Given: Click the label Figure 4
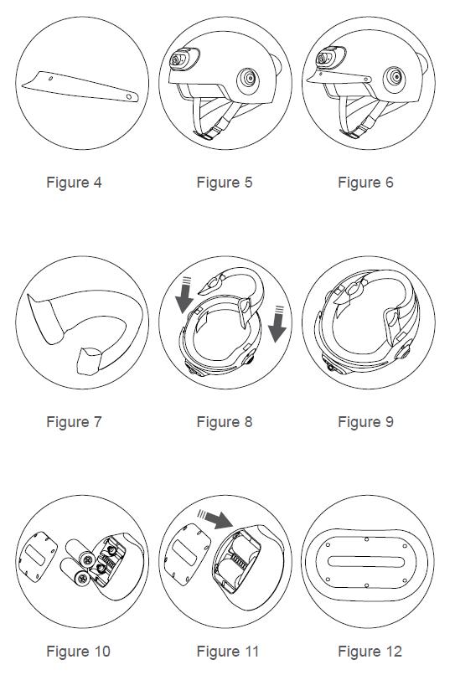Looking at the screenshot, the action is [x=74, y=183].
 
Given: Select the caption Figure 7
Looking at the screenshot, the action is [x=74, y=422].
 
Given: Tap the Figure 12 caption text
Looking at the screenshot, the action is [x=370, y=652].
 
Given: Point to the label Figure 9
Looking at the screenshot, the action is [x=366, y=422].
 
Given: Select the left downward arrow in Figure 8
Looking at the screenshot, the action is [x=184, y=296].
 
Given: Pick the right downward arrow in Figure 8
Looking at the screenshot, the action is [x=277, y=324].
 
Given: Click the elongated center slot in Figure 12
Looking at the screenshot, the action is [x=366, y=562].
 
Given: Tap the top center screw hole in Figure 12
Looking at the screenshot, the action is [x=366, y=539].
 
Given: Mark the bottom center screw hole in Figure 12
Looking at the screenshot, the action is [x=366, y=585].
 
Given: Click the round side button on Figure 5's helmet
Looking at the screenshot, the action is [x=248, y=80].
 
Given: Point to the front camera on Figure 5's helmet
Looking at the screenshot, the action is [x=183, y=59].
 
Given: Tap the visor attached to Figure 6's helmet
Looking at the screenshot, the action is [x=339, y=78].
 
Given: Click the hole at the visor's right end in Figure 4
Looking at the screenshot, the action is [x=129, y=97].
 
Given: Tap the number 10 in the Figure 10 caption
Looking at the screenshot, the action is [x=102, y=652].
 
